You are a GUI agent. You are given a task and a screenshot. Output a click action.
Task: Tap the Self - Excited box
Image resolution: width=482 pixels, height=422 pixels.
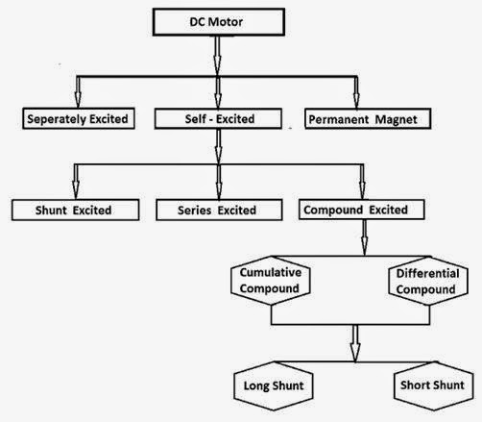point(219,120)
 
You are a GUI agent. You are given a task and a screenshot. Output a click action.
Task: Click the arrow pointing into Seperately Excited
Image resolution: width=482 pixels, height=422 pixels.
point(80,92)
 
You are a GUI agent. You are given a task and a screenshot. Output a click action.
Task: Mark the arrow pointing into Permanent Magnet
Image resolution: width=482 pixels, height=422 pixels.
point(355,92)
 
